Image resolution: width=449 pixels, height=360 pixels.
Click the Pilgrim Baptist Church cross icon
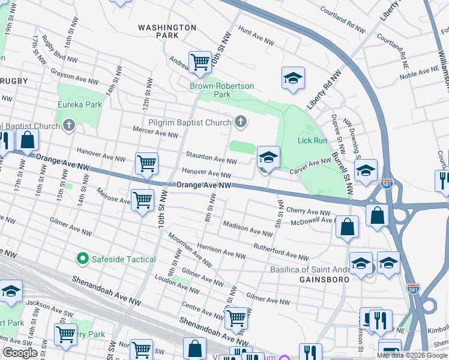click(241, 123)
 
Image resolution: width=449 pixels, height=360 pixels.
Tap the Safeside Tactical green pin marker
click(83, 259)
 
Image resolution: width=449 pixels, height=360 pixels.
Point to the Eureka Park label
click(79, 104)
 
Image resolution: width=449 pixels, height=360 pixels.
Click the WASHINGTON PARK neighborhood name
click(167, 31)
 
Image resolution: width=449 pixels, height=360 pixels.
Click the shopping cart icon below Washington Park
click(200, 62)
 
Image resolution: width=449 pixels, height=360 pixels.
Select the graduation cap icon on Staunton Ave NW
click(269, 158)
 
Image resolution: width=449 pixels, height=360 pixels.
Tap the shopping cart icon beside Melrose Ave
click(142, 200)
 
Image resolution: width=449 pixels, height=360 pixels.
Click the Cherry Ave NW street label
click(309, 212)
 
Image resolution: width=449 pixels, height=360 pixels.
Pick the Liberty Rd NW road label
click(324, 89)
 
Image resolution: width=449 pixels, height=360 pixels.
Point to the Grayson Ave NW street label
click(74, 78)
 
